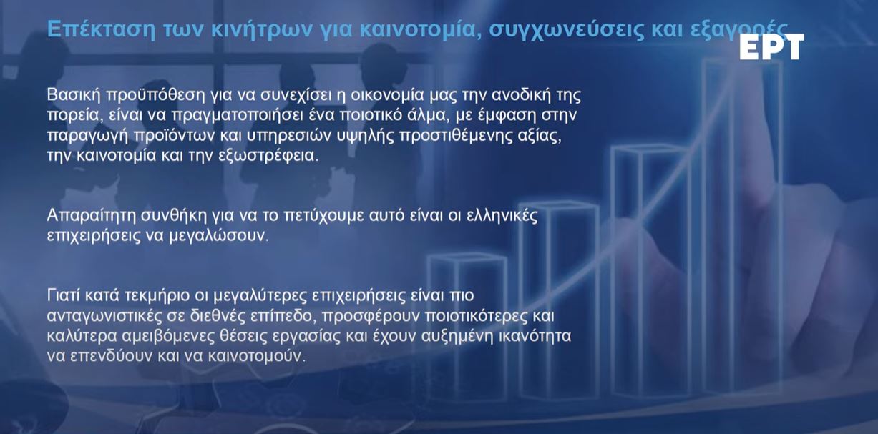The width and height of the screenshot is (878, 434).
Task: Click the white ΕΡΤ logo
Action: click(x=772, y=46)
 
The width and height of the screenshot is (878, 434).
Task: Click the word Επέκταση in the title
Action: click(x=101, y=29)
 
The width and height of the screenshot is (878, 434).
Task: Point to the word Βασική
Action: click(x=74, y=94)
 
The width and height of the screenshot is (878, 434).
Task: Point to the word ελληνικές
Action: click(x=502, y=215)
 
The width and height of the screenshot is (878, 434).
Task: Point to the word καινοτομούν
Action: click(x=256, y=357)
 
